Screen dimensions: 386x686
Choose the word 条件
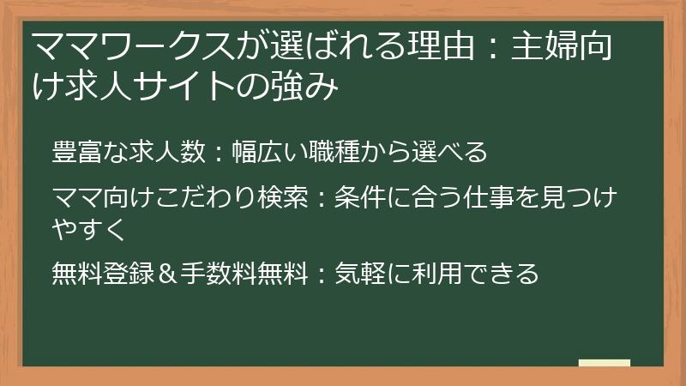(x=349, y=199)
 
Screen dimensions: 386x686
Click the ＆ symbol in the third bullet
(x=167, y=274)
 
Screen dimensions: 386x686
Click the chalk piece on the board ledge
(x=604, y=363)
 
